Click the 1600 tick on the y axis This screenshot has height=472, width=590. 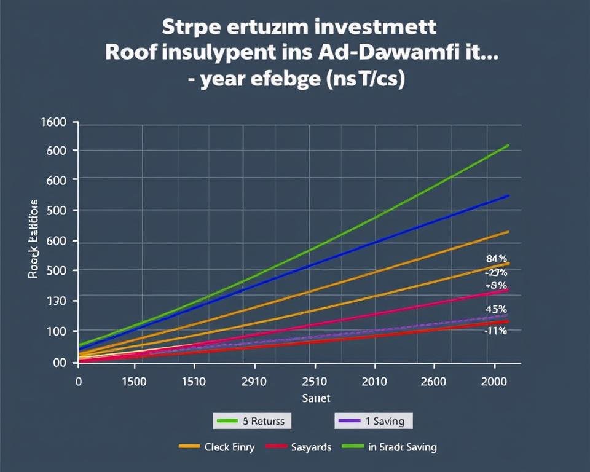coord(53,122)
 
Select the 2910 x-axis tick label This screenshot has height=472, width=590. coord(253,381)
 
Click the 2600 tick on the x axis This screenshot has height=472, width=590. coord(433,381)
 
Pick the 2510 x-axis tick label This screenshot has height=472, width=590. coord(315,381)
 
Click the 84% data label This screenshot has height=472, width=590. coord(495,259)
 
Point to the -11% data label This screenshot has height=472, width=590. coord(495,331)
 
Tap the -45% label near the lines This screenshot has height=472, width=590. coord(495,309)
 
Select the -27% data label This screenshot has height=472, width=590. coord(495,272)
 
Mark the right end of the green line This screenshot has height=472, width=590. coord(509,145)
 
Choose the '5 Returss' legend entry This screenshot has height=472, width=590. coord(253,421)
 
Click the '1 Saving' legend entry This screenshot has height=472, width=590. coord(373,421)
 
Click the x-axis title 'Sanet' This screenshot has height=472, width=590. coord(316,398)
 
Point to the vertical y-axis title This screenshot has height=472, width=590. coord(33,239)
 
